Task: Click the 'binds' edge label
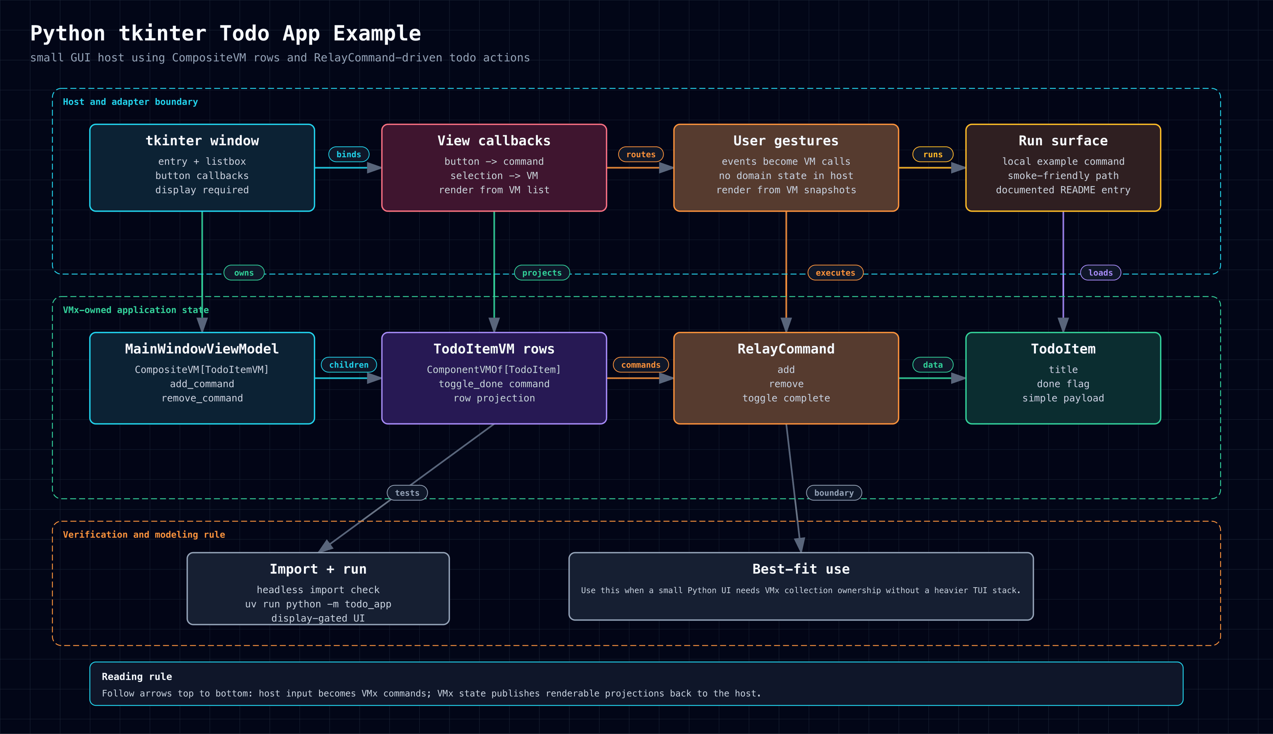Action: click(349, 154)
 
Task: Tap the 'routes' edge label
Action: click(640, 154)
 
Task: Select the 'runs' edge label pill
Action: click(933, 154)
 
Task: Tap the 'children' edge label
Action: click(349, 364)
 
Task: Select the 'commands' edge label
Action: click(640, 364)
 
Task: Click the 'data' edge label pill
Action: click(933, 364)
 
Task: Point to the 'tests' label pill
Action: click(407, 493)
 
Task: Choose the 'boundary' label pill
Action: click(834, 493)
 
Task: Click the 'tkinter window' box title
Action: click(202, 141)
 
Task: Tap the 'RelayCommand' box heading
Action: click(786, 349)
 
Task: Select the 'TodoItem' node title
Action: click(1063, 349)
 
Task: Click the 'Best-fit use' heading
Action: click(801, 569)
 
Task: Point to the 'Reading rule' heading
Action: click(136, 677)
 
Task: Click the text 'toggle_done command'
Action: click(494, 384)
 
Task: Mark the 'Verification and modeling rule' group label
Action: click(144, 534)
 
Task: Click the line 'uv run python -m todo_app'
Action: click(318, 604)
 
